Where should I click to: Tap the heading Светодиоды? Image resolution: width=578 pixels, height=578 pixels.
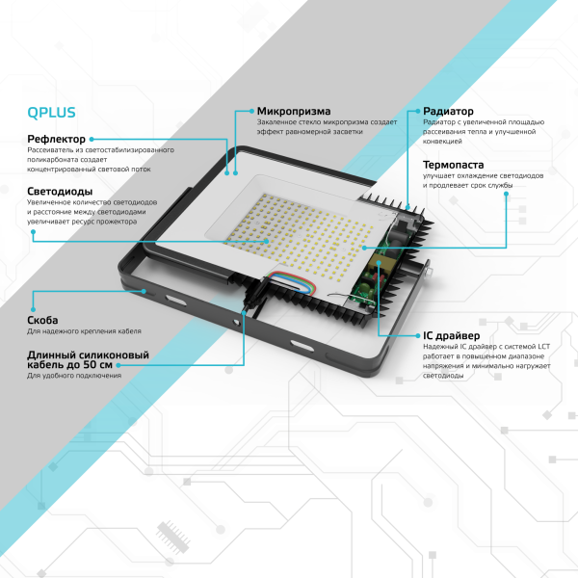tap(61, 191)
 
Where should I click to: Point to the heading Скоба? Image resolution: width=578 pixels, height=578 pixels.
tap(42, 320)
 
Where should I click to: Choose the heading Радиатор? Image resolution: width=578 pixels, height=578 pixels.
tap(448, 111)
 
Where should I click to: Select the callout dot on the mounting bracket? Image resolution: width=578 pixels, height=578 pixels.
tap(145, 288)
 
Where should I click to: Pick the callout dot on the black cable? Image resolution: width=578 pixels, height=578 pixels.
tap(244, 310)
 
